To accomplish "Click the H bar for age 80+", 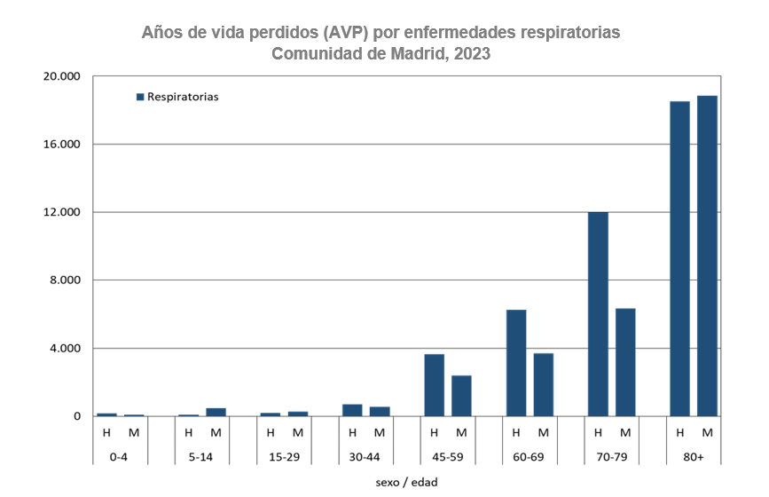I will tap(679, 258).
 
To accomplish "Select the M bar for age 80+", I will tap(707, 256).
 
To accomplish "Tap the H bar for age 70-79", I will tap(598, 313).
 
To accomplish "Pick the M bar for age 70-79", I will tap(625, 362).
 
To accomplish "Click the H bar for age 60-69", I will tap(516, 363).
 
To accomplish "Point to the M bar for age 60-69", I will tap(544, 384).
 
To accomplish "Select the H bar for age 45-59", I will tap(435, 385).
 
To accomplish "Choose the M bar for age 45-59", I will tap(461, 396).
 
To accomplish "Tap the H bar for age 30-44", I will tap(352, 410).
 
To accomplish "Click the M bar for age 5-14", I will tap(216, 412).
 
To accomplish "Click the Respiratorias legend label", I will tap(183, 97).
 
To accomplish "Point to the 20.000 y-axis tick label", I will tap(61, 76).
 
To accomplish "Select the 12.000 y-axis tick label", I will tap(61, 212).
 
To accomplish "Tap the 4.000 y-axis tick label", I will tap(65, 348).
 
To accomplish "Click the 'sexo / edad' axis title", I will tap(407, 482).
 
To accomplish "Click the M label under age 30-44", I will tap(380, 433).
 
